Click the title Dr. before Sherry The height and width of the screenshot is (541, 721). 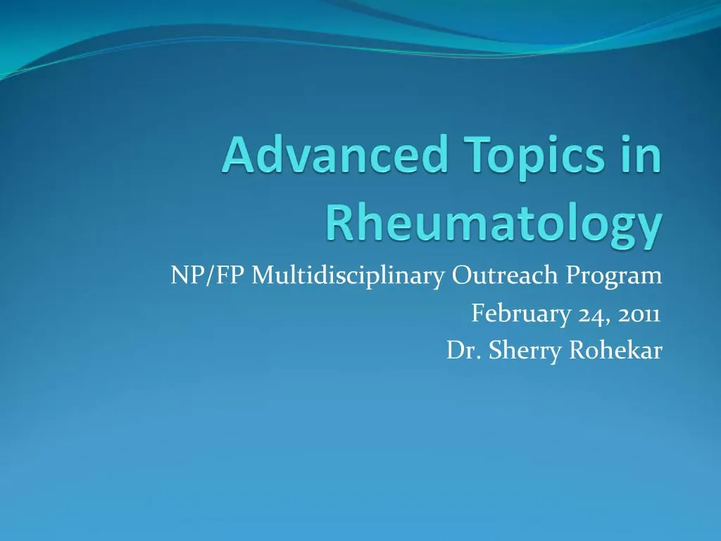tap(459, 350)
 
